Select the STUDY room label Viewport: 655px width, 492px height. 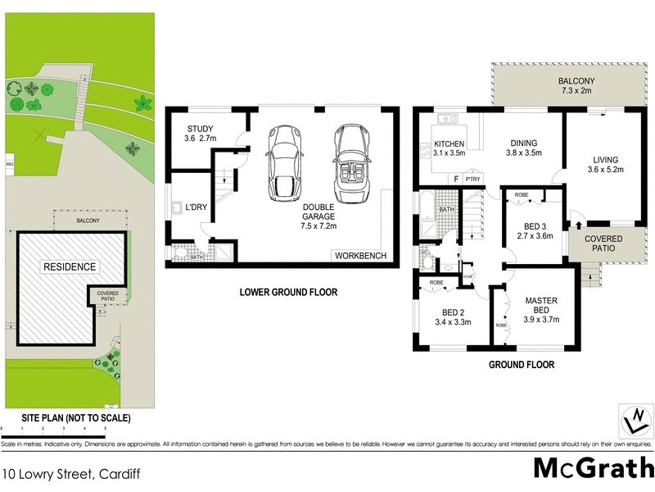tap(201, 129)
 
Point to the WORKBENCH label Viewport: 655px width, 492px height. tap(360, 257)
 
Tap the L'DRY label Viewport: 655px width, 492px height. tap(197, 207)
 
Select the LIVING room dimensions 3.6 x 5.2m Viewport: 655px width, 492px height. tap(605, 170)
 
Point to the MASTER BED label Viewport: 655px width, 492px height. tap(541, 306)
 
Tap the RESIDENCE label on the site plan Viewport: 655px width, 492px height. tap(70, 266)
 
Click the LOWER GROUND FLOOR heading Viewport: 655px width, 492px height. tap(287, 292)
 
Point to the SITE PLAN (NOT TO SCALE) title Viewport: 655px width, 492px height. tap(66, 418)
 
